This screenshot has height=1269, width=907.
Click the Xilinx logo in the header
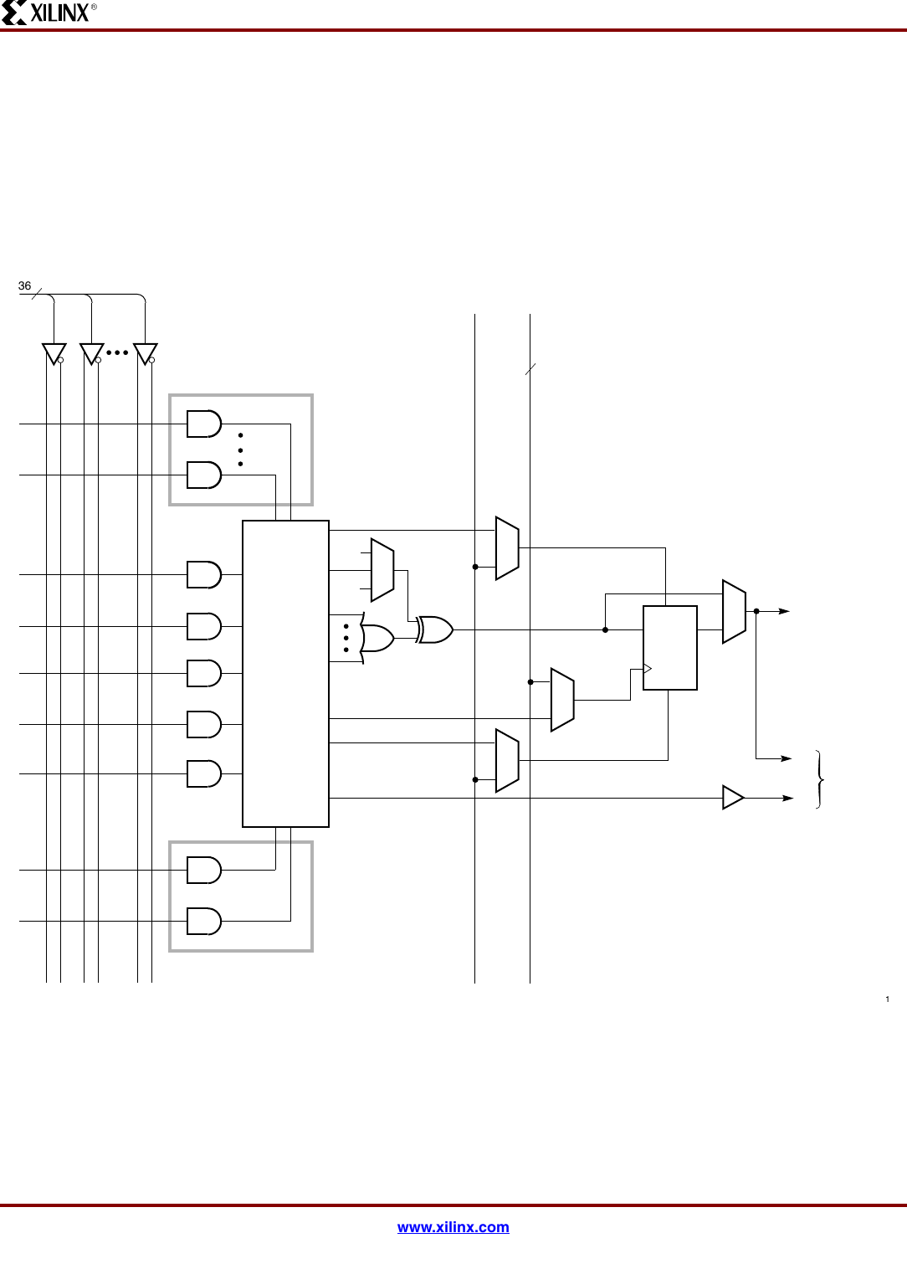point(49,13)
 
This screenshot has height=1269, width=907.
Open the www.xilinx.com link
point(453,1227)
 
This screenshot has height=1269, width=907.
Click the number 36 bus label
point(25,286)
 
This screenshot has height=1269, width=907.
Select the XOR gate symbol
point(435,629)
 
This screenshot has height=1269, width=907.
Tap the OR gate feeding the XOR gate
point(377,639)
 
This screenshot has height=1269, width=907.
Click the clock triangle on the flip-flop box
point(647,668)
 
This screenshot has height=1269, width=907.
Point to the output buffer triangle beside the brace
point(732,798)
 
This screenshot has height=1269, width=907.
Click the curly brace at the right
point(820,779)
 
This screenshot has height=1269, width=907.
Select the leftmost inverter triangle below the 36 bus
point(54,353)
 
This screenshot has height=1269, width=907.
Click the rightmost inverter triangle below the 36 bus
point(145,353)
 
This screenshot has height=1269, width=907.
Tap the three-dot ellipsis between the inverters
point(117,352)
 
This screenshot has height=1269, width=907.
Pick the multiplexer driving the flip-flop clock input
point(562,700)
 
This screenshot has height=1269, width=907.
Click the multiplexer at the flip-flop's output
point(734,612)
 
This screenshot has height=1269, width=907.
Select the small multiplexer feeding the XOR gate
point(382,570)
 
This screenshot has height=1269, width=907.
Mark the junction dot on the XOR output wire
point(605,629)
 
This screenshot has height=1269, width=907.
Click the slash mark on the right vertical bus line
point(530,369)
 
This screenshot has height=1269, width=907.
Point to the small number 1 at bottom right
point(887,999)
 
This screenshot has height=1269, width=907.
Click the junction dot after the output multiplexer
point(756,611)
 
